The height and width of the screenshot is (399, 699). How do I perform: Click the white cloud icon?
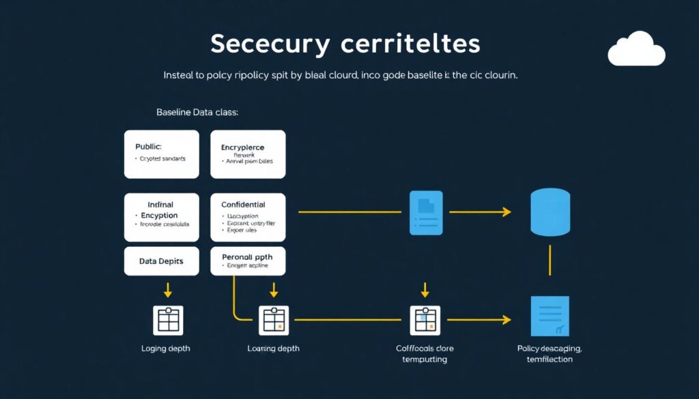coord(636,49)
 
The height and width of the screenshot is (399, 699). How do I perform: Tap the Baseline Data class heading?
coord(197,112)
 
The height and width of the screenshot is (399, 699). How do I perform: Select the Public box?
coord(162,154)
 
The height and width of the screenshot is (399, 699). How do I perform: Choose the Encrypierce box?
coord(248,154)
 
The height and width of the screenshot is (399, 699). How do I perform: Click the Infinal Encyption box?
coord(162,217)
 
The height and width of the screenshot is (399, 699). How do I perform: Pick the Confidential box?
coord(248,217)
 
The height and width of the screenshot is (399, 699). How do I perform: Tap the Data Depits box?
coord(162,261)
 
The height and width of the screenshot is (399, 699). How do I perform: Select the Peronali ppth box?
coord(248,261)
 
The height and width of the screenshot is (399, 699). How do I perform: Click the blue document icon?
coord(425,212)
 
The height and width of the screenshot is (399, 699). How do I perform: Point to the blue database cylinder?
coord(550,212)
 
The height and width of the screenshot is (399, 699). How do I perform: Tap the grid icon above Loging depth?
coord(167,319)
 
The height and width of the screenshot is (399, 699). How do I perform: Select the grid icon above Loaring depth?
coord(274,319)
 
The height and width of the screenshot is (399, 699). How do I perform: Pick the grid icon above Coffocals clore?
coord(425,319)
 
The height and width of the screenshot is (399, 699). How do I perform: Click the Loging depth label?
coord(166,349)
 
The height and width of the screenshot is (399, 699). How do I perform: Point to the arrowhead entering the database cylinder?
coord(507,212)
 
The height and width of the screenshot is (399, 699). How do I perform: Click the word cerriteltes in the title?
coord(410,44)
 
